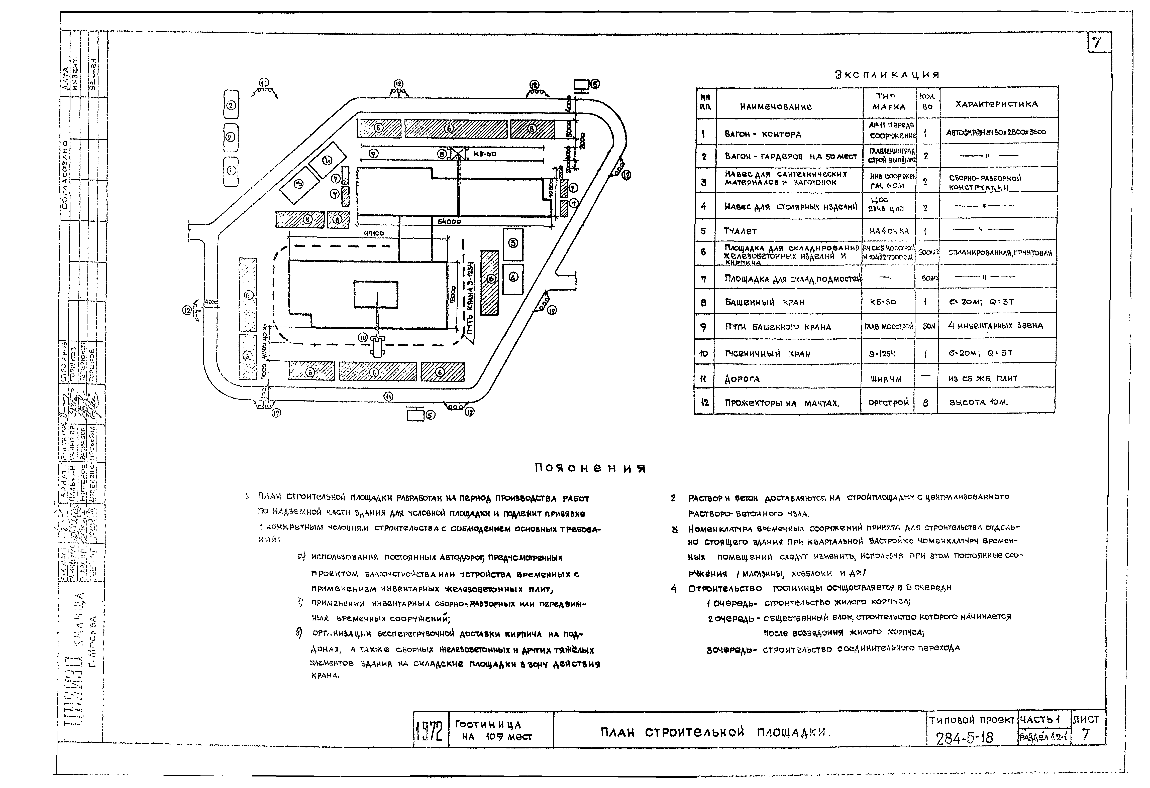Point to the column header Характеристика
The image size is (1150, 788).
click(996, 104)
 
